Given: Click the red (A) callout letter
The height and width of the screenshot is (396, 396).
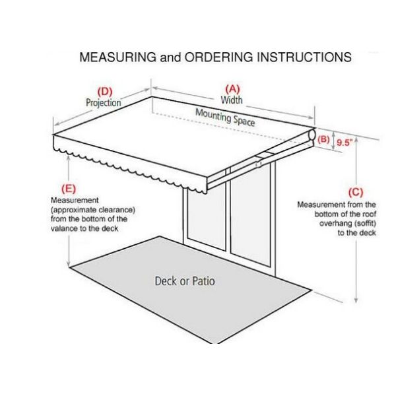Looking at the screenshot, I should coord(232,88).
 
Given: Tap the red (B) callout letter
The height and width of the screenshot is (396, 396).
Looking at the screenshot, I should coord(323,139).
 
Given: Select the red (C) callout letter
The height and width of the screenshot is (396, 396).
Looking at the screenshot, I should coord(356,193).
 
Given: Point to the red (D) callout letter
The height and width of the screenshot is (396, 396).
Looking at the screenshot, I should coord(105,91).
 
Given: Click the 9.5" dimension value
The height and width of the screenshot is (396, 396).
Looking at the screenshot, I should coord(345,141).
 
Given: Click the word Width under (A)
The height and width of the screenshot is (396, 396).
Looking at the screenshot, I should coord(232,100).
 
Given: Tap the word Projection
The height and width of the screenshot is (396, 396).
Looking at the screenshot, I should coord(104,102).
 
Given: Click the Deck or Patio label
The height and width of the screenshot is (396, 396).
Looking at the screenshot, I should coord(185,281).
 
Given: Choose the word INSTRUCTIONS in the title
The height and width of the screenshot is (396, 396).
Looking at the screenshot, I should coord(301,57).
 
